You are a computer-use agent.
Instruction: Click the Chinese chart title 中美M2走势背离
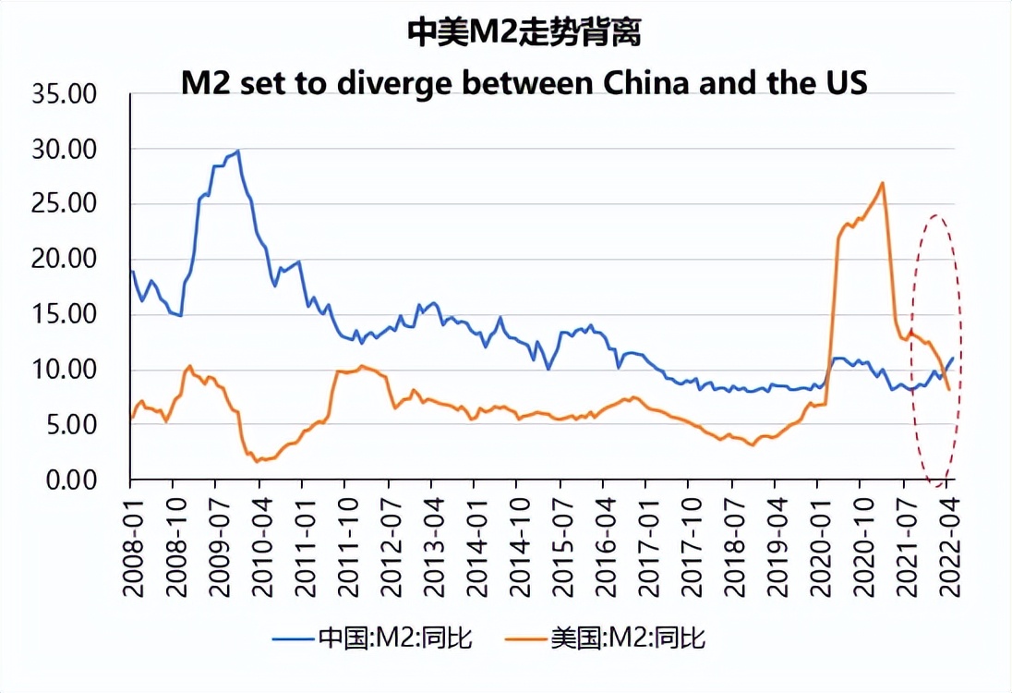524,34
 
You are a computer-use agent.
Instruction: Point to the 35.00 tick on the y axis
64,93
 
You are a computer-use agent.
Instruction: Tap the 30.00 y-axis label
64,149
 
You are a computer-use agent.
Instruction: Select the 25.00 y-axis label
64,204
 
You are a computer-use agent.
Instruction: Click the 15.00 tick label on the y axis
64,314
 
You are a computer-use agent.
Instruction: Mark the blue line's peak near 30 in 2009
237,151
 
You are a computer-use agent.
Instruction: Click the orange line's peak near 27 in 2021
883,183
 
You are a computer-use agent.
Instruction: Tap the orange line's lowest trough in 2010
257,460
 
